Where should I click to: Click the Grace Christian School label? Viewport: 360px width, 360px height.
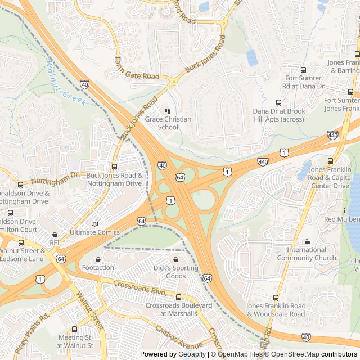pyautogui.click(x=168, y=123)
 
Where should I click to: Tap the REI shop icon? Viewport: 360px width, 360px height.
pyautogui.click(x=55, y=235)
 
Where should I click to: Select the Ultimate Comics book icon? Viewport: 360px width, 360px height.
pyautogui.click(x=94, y=223)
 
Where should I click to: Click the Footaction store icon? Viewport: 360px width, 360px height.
pyautogui.click(x=98, y=259)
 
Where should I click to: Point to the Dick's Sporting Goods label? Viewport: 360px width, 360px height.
pyautogui.click(x=176, y=272)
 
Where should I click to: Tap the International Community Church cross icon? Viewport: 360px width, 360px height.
pyautogui.click(x=307, y=241)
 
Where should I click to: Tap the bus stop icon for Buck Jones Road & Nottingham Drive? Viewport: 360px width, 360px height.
pyautogui.click(x=115, y=166)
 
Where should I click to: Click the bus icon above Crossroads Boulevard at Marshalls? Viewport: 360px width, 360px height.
pyautogui.click(x=179, y=297)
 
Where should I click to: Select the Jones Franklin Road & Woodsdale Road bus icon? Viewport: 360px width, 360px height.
pyautogui.click(x=276, y=298)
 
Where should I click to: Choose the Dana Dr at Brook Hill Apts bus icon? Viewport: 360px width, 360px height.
pyautogui.click(x=278, y=102)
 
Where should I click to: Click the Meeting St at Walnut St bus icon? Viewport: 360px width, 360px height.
pyautogui.click(x=75, y=329)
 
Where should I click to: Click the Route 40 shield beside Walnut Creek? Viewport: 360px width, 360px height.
pyautogui.click(x=84, y=84)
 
